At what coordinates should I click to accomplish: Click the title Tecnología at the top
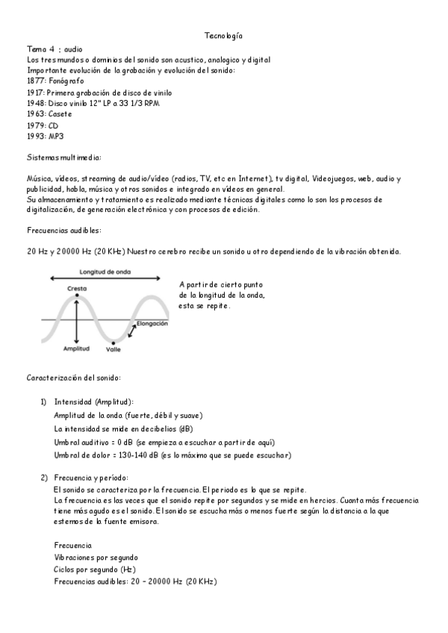click(x=223, y=36)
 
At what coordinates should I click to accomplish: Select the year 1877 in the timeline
click(x=35, y=81)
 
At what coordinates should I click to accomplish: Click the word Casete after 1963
click(x=60, y=114)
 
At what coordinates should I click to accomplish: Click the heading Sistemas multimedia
click(x=64, y=158)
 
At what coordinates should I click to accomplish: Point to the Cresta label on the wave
click(x=76, y=288)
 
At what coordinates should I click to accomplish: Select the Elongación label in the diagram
click(x=152, y=324)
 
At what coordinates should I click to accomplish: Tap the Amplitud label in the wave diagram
click(x=76, y=349)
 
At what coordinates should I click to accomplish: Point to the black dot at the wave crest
click(x=76, y=296)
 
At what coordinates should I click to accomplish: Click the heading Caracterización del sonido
click(x=73, y=378)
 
